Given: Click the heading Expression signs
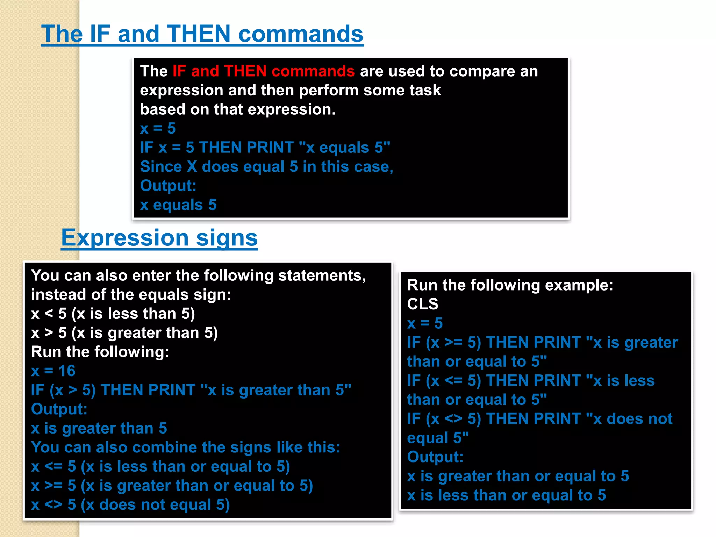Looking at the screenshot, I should click(x=159, y=238).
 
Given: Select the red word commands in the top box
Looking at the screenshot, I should click(x=313, y=71).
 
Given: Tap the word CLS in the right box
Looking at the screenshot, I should click(x=423, y=304).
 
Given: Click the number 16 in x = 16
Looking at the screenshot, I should click(x=67, y=371).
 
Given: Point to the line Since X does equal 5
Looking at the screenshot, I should click(x=266, y=167).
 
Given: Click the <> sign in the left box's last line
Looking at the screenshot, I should click(x=53, y=505).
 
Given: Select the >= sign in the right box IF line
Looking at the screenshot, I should click(x=453, y=343).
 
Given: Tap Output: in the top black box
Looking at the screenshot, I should click(x=168, y=186).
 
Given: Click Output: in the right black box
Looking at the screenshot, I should click(x=435, y=457).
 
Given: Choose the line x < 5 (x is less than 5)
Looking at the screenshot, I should click(x=113, y=314).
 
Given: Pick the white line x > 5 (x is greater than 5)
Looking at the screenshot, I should click(x=124, y=333).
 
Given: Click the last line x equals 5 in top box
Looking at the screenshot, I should click(x=178, y=205).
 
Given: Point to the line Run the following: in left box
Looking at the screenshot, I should click(x=100, y=352).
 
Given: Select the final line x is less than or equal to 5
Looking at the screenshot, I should click(x=506, y=495).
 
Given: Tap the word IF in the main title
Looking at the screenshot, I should click(x=100, y=34).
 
